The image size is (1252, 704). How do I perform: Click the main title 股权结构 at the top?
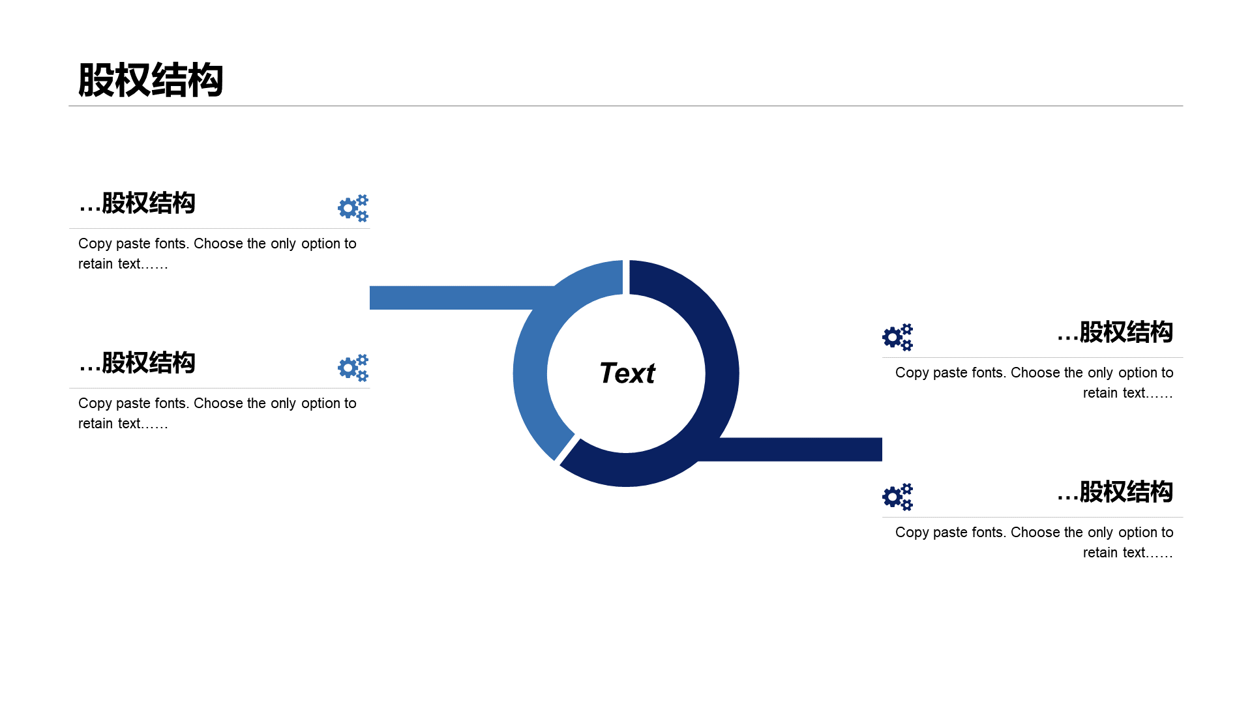click(151, 81)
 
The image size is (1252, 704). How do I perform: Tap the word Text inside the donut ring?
click(627, 374)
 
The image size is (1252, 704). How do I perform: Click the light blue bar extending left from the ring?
click(456, 297)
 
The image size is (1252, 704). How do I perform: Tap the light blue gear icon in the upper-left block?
click(353, 208)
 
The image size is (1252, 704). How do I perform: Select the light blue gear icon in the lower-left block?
click(353, 368)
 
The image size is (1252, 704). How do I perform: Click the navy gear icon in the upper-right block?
click(897, 337)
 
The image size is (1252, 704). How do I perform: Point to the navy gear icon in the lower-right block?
click(897, 497)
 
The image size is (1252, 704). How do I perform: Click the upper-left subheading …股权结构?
click(137, 203)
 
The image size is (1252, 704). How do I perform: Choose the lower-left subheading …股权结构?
click(137, 363)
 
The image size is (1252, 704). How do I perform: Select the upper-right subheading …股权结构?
click(1115, 332)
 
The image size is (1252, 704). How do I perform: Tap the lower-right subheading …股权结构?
click(1115, 492)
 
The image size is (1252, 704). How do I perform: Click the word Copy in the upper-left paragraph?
click(95, 244)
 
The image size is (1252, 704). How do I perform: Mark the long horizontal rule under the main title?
click(626, 106)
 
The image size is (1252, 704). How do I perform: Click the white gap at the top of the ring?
click(626, 278)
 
